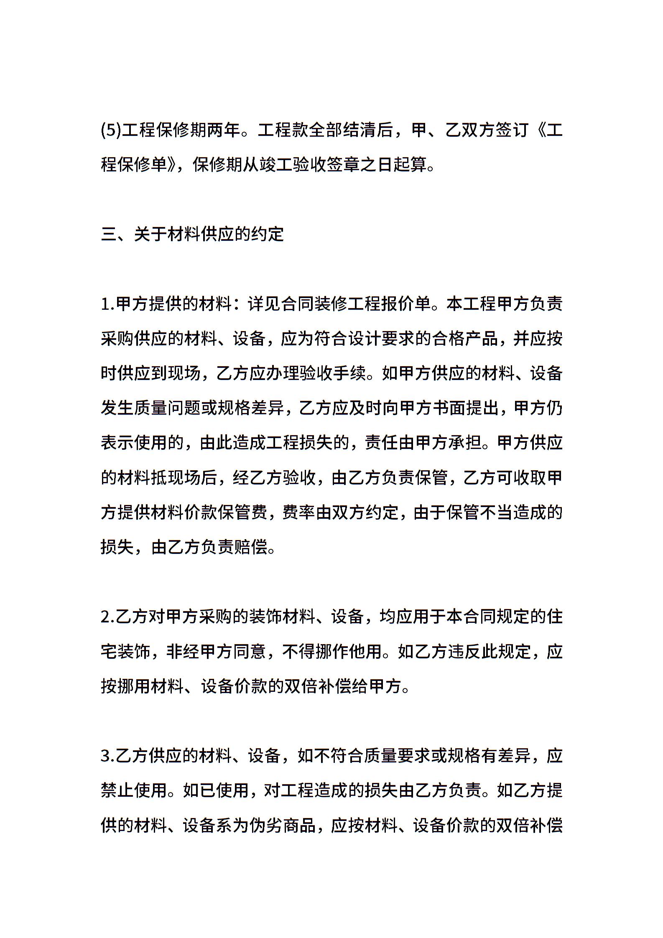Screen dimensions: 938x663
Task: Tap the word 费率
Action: (298, 512)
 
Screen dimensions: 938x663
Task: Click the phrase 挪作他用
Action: (348, 652)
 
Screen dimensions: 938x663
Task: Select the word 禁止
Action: (117, 790)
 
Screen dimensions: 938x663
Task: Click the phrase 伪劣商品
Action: (282, 825)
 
